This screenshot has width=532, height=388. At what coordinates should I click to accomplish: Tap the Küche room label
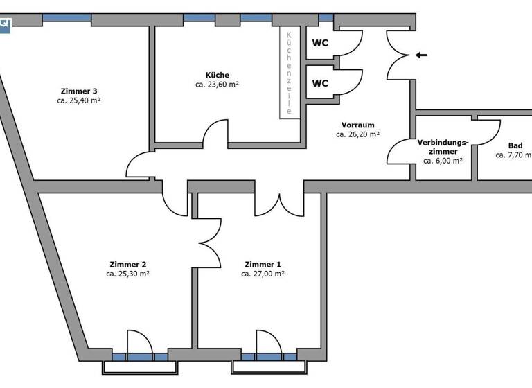(217, 75)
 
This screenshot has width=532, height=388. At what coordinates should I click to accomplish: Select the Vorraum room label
(357, 125)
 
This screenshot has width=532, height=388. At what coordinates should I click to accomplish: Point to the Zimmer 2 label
(127, 264)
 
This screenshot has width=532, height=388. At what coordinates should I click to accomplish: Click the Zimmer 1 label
(263, 264)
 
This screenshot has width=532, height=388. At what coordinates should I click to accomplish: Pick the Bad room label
(515, 145)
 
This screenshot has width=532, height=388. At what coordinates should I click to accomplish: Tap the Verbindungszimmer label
(443, 147)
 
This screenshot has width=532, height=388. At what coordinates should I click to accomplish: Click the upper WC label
(320, 42)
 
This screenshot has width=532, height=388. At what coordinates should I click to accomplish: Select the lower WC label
(320, 83)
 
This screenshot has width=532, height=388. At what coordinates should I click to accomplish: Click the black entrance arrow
(421, 55)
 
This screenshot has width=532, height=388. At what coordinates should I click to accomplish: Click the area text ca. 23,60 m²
(217, 85)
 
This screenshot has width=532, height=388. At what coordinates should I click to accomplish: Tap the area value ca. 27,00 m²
(263, 274)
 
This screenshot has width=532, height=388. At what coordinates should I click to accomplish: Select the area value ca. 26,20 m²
(357, 134)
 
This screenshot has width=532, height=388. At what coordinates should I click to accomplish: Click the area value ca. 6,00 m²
(443, 160)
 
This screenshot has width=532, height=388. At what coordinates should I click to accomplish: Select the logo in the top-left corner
(6, 24)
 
